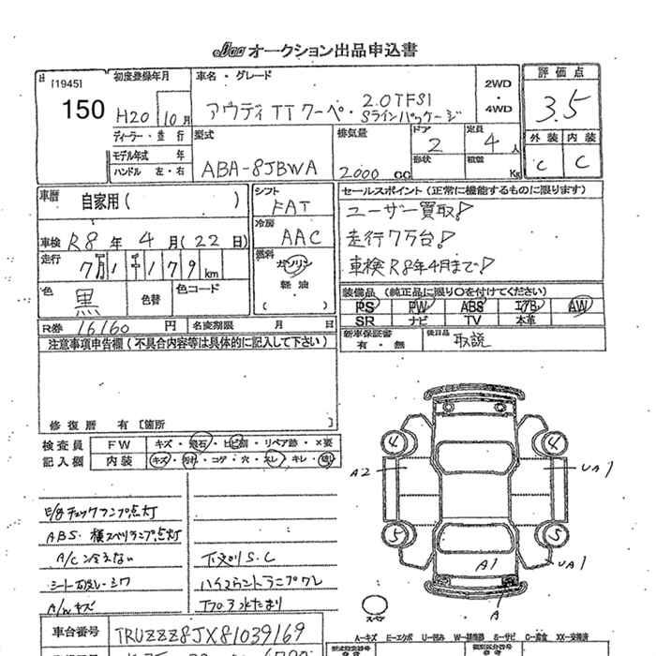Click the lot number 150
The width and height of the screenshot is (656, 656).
83,111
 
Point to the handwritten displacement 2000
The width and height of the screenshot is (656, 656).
363,172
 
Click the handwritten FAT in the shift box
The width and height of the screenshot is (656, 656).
286,207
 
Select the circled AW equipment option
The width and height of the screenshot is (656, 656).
580,306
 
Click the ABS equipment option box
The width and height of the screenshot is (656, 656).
471,306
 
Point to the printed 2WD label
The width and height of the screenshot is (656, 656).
498,83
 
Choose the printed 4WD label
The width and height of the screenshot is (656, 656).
498,109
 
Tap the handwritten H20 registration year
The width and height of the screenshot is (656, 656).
134,116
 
